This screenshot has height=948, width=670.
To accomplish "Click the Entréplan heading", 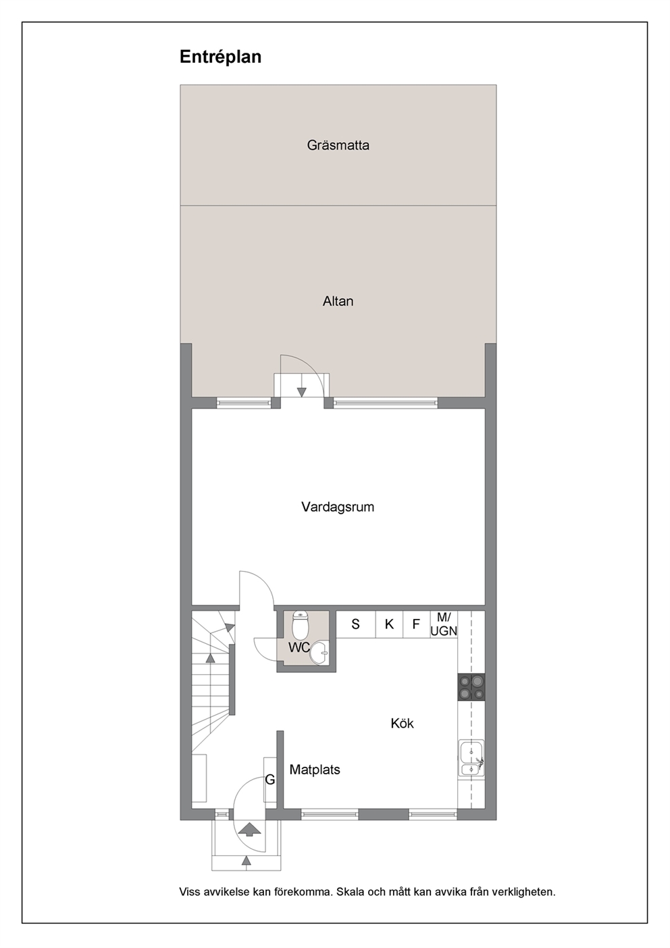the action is click(x=220, y=57).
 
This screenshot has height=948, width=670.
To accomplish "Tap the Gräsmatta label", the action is click(x=338, y=145).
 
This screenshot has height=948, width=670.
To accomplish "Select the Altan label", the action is click(x=338, y=301).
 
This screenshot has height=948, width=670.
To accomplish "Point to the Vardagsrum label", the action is click(x=338, y=507).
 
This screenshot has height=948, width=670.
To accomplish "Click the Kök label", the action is click(x=402, y=723).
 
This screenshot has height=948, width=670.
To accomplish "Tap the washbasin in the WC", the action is click(x=319, y=653).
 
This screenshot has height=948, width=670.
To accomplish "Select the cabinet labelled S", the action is click(x=356, y=624).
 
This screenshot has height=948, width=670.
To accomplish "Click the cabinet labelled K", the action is click(x=389, y=624).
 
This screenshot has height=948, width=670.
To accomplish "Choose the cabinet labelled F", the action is click(x=416, y=624).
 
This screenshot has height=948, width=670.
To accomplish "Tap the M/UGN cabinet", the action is click(x=444, y=624).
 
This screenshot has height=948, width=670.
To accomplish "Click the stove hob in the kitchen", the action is click(x=471, y=687).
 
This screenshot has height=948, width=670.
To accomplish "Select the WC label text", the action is click(x=299, y=647).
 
